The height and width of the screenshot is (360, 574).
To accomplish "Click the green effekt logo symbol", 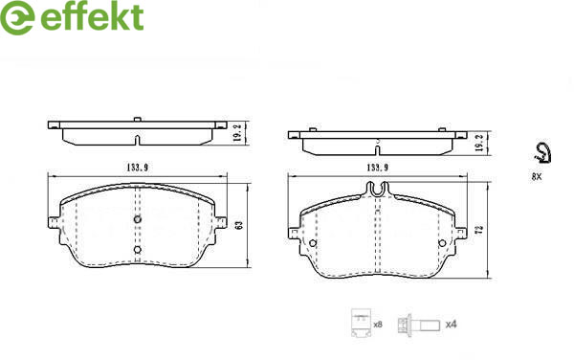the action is click(x=17, y=17).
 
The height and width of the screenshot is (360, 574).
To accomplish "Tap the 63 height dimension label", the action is click(x=240, y=225).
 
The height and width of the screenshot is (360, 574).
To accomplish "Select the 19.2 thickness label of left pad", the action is click(x=237, y=132).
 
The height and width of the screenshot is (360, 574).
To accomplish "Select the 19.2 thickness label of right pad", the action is click(x=478, y=143).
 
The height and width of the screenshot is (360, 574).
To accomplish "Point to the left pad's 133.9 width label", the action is click(x=137, y=168).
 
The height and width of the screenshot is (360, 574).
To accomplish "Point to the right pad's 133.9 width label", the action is click(x=378, y=168).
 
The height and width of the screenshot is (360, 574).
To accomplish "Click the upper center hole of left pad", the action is click(x=138, y=219).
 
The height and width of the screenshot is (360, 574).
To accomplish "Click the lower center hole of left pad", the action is click(x=138, y=250).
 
